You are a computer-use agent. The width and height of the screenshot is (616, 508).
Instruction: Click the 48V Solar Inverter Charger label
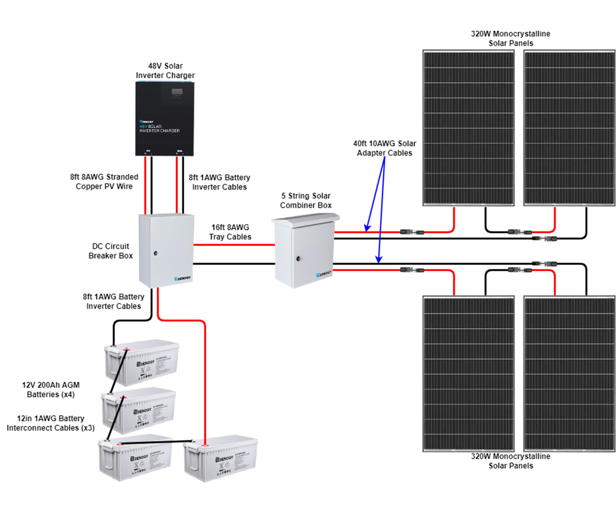(x=165, y=71)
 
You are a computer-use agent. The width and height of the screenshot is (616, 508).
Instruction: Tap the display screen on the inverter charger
(x=177, y=92)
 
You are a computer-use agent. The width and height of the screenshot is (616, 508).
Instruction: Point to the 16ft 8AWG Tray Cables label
(x=230, y=232)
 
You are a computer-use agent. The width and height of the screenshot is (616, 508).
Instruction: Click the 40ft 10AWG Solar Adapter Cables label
(x=384, y=148)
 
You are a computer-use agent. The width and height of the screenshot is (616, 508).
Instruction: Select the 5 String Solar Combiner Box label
(x=305, y=201)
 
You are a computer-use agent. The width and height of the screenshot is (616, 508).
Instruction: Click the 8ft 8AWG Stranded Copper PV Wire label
(x=104, y=181)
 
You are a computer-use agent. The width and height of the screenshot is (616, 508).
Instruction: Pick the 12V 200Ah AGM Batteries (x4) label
(x=51, y=390)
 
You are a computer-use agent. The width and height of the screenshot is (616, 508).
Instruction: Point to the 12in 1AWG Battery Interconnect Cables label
(x=50, y=423)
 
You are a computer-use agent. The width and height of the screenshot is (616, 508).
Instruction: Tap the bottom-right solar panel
(x=569, y=374)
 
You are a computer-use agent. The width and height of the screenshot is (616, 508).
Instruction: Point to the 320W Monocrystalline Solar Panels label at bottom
(x=510, y=461)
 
